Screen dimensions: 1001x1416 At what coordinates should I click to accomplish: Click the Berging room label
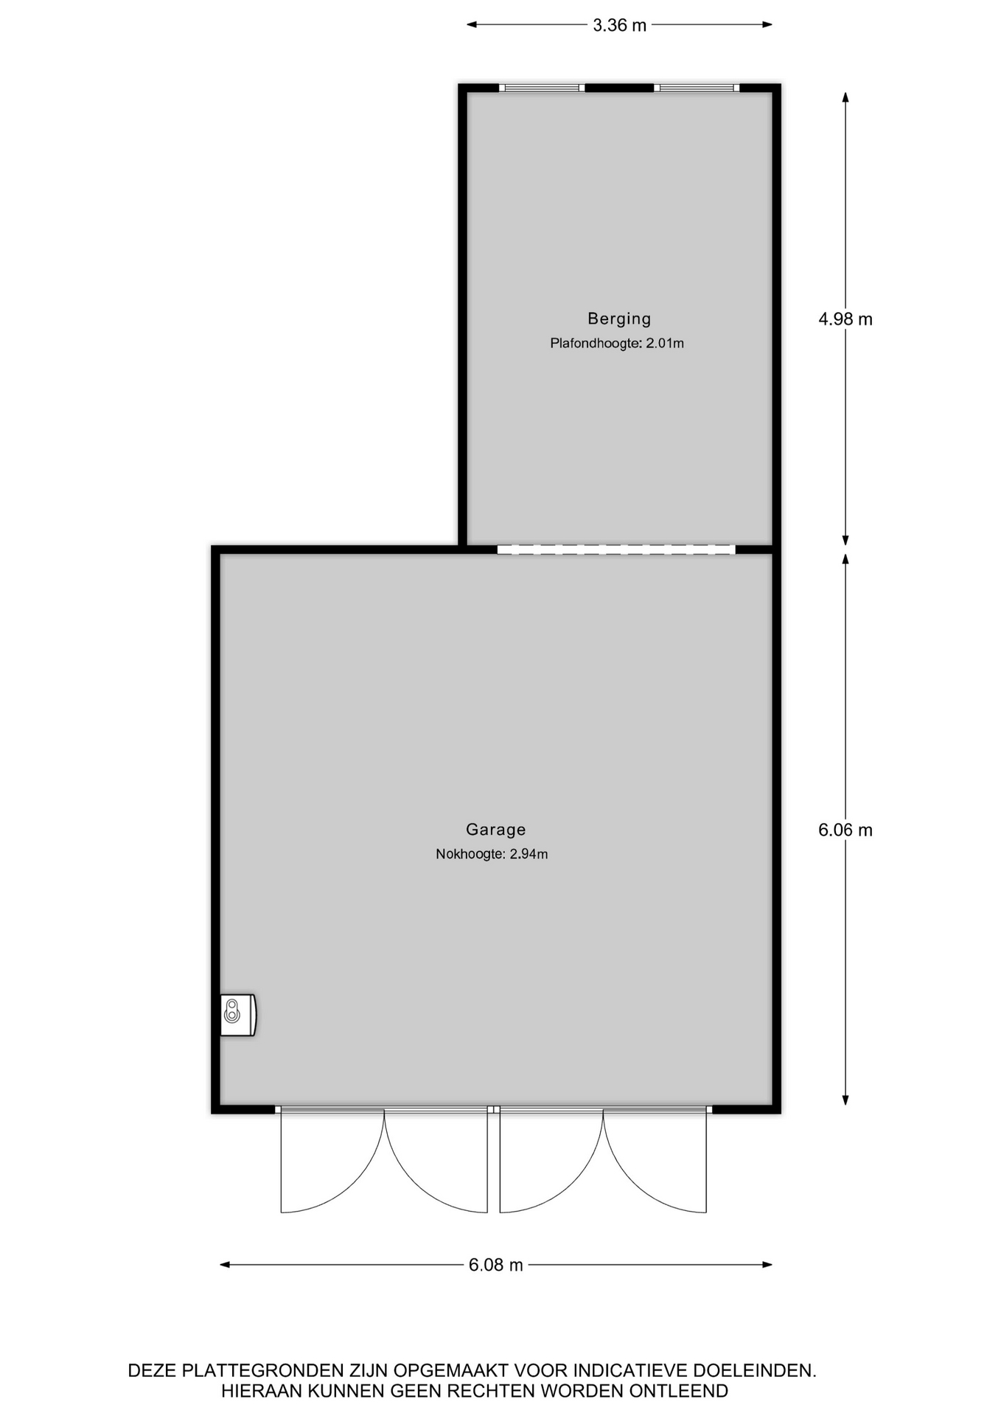point(619,319)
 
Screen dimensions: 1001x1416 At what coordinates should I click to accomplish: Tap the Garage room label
point(495,830)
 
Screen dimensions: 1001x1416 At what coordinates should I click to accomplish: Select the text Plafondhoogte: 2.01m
point(617,343)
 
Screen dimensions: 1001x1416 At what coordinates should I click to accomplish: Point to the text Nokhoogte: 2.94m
point(492,854)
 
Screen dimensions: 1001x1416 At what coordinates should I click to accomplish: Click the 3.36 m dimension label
point(619,25)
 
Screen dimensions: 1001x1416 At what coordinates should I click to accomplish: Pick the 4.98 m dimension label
point(845,319)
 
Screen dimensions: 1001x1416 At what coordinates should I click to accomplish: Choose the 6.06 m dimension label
point(845,830)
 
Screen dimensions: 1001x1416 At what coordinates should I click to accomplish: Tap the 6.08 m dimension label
point(496,1265)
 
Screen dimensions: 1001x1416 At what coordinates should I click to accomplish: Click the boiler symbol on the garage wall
point(238,1015)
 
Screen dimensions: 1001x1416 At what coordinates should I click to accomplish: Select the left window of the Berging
point(542,88)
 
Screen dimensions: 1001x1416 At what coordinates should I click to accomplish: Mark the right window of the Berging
point(697,88)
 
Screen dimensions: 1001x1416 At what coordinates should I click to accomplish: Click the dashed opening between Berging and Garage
point(616,549)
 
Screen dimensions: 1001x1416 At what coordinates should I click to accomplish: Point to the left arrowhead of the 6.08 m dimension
point(226,1265)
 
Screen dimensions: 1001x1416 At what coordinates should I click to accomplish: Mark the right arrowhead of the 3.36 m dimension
point(767,25)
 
